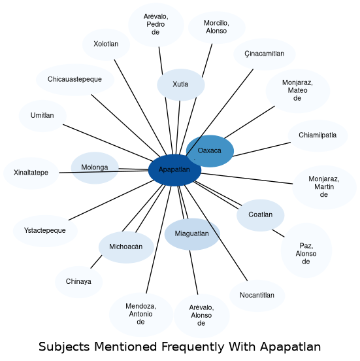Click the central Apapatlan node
pyautogui.click(x=174, y=170)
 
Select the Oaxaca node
pyautogui.click(x=210, y=151)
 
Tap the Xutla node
pyautogui.click(x=181, y=85)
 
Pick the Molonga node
pyautogui.click(x=95, y=168)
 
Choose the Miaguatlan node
pyautogui.click(x=192, y=234)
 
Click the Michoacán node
pyautogui.click(x=126, y=247)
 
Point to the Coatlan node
pyautogui.click(x=261, y=215)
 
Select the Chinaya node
pyautogui.click(x=78, y=282)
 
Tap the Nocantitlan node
pyautogui.click(x=257, y=296)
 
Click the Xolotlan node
pyautogui.click(x=106, y=44)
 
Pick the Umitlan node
pyautogui.click(x=42, y=116)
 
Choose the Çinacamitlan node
pyautogui.click(x=265, y=54)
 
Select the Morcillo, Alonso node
pyautogui.click(x=217, y=27)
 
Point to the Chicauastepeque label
pyautogui.click(x=74, y=79)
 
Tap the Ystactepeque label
pyautogui.click(x=45, y=230)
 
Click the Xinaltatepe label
pyautogui.click(x=31, y=173)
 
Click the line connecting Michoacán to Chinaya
pyautogui.click(x=96, y=262)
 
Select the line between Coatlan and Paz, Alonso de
pyautogui.click(x=278, y=233)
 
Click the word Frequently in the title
pyautogui.click(x=193, y=347)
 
